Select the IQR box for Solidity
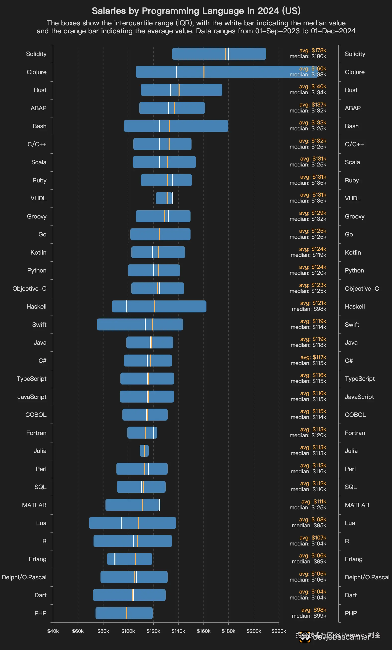[x=200, y=54]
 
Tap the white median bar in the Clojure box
[x=176, y=72]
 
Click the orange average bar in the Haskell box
[x=154, y=306]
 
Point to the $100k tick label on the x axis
[x=128, y=631]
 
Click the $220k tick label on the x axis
[x=279, y=631]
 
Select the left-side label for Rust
[x=40, y=90]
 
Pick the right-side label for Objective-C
[x=362, y=289]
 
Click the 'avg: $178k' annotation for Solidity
[x=313, y=50]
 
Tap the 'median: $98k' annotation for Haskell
[x=309, y=309]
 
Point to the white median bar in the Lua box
[x=122, y=523]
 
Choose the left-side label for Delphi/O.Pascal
[x=24, y=577]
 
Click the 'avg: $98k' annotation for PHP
[x=314, y=610]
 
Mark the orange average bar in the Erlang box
[x=135, y=559]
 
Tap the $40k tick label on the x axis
[x=53, y=631]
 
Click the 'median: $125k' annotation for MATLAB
[x=308, y=508]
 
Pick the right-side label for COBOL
[x=355, y=415]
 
